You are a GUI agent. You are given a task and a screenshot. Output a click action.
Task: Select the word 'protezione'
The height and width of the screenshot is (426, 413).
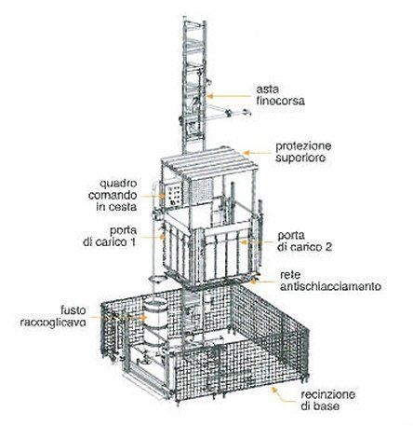click(x=301, y=145)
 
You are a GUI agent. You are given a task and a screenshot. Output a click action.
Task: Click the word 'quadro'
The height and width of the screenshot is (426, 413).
click(x=131, y=184)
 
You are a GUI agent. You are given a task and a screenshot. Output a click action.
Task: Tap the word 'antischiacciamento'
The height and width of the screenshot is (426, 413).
click(x=330, y=288)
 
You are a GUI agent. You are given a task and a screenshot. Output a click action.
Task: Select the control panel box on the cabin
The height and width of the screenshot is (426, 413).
click(x=172, y=198)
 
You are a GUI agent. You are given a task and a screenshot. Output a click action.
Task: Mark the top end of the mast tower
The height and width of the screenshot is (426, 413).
click(x=191, y=11)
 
